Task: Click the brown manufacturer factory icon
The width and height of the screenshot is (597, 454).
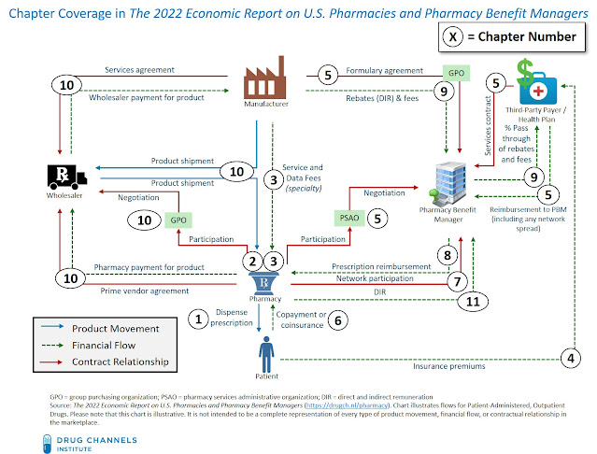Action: point(264,82)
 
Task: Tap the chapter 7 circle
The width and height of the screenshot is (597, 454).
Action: point(455,279)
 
